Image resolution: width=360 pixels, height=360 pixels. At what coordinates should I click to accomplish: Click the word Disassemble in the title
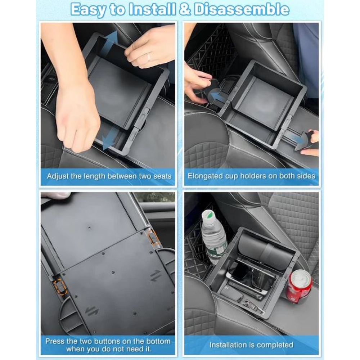pos(242,10)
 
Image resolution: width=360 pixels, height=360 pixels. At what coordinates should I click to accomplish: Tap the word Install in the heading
pos(152,10)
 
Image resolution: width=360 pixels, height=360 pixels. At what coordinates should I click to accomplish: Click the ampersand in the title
pos(185,10)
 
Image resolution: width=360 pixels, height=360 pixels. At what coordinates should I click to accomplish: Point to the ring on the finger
pos(149,57)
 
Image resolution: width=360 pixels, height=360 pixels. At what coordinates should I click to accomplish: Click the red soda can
pos(299,286)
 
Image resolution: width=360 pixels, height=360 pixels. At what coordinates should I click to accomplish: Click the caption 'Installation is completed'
pos(251,345)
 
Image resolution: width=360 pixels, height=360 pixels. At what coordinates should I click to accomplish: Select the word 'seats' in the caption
pos(162,176)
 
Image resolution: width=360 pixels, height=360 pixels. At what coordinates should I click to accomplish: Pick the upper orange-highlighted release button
pos(152,237)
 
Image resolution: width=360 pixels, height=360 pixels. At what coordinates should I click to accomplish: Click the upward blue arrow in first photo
pos(109,45)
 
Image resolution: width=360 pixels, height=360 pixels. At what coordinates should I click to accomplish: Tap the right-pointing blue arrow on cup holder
pos(296,138)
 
